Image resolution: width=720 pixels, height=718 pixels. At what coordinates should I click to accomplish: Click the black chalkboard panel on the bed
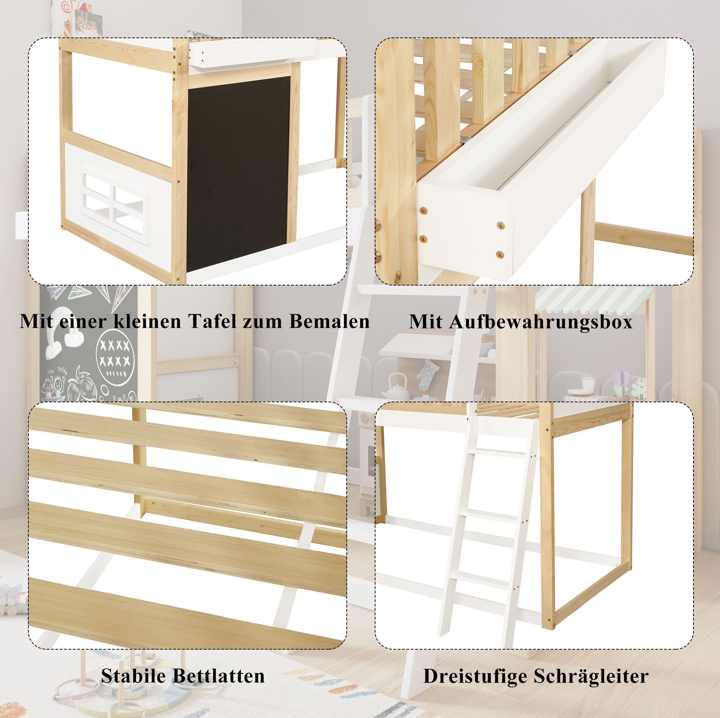[x=239, y=174]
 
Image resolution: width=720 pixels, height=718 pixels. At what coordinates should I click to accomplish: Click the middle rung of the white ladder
[x=488, y=516]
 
